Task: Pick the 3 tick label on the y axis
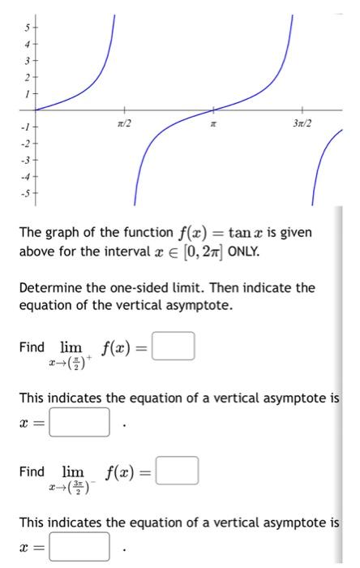(x=25, y=61)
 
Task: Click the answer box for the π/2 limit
(x=178, y=349)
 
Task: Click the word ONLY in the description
(x=246, y=252)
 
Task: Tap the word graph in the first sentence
(x=66, y=234)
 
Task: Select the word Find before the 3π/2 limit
(x=32, y=471)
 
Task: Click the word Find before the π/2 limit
(x=32, y=349)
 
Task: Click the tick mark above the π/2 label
(x=124, y=110)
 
